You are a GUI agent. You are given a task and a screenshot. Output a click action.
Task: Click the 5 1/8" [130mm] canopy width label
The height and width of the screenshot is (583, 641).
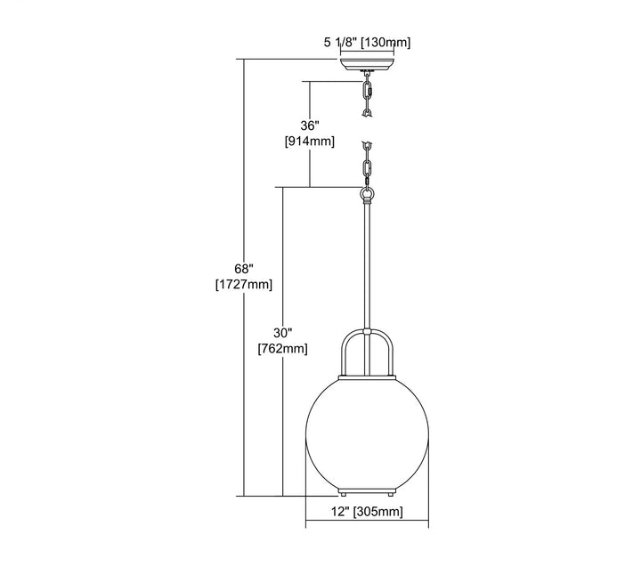pyautogui.click(x=367, y=42)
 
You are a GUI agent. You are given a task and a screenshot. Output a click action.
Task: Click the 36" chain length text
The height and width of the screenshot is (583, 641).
pyautogui.click(x=309, y=126)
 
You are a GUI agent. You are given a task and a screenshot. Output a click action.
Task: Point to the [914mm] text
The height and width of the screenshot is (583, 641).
pyautogui.click(x=309, y=142)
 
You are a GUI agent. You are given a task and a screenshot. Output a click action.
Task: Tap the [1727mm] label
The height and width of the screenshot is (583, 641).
pyautogui.click(x=244, y=284)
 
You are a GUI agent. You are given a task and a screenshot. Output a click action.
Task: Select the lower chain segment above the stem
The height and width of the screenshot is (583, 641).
pyautogui.click(x=366, y=162)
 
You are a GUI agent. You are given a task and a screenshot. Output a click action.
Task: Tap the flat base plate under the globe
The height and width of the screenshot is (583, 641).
pyautogui.click(x=366, y=490)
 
